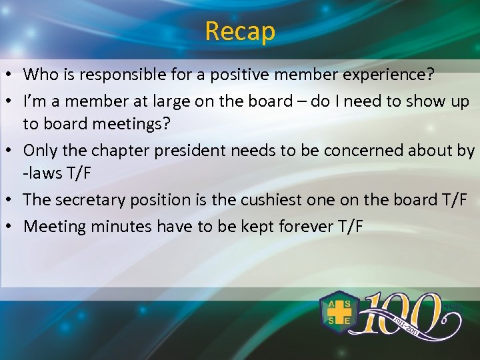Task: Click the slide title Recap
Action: (x=240, y=31)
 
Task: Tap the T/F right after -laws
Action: (x=79, y=174)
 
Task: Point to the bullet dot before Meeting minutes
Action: (x=11, y=227)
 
